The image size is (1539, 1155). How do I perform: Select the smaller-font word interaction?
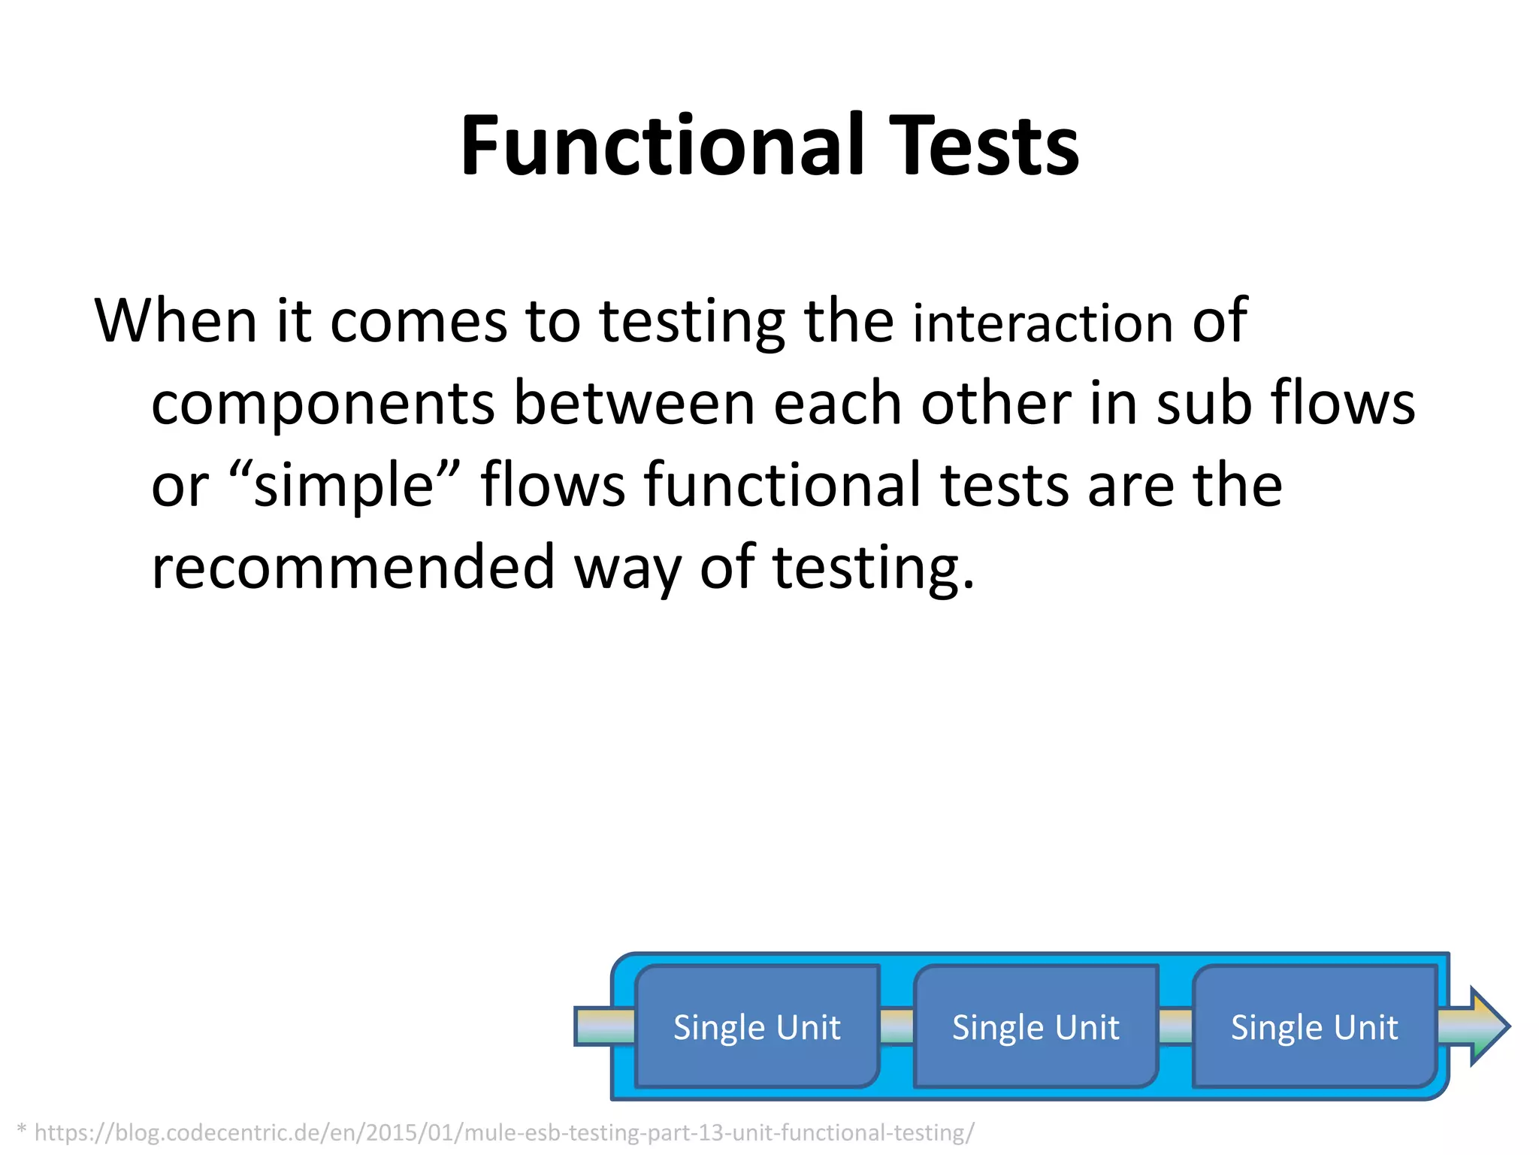tap(1042, 323)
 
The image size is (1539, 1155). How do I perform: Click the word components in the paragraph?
tap(322, 405)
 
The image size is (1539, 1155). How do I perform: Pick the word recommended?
tap(352, 568)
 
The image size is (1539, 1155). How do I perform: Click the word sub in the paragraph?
tap(1203, 405)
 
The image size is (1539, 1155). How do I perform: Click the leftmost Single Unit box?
tap(757, 1027)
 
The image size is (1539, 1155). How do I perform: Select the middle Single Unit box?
tap(1036, 1027)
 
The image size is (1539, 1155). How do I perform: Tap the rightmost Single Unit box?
tap(1314, 1027)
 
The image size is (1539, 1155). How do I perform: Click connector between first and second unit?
tap(896, 1027)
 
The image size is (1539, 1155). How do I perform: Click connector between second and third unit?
tap(1175, 1027)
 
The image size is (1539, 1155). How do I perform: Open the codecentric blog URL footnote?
tap(503, 1132)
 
